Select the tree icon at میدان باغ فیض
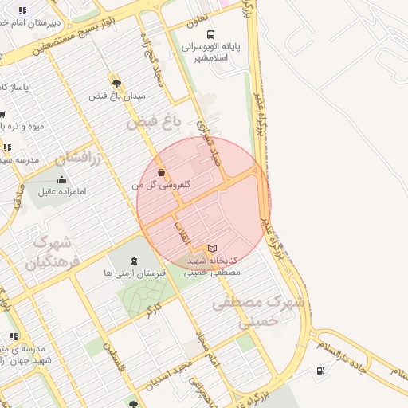[x=116, y=83]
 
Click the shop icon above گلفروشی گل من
[x=162, y=172]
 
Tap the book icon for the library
[x=212, y=249]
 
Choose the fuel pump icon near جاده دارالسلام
[x=320, y=370]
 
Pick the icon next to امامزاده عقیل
[x=62, y=179]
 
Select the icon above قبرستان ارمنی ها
[x=134, y=260]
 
